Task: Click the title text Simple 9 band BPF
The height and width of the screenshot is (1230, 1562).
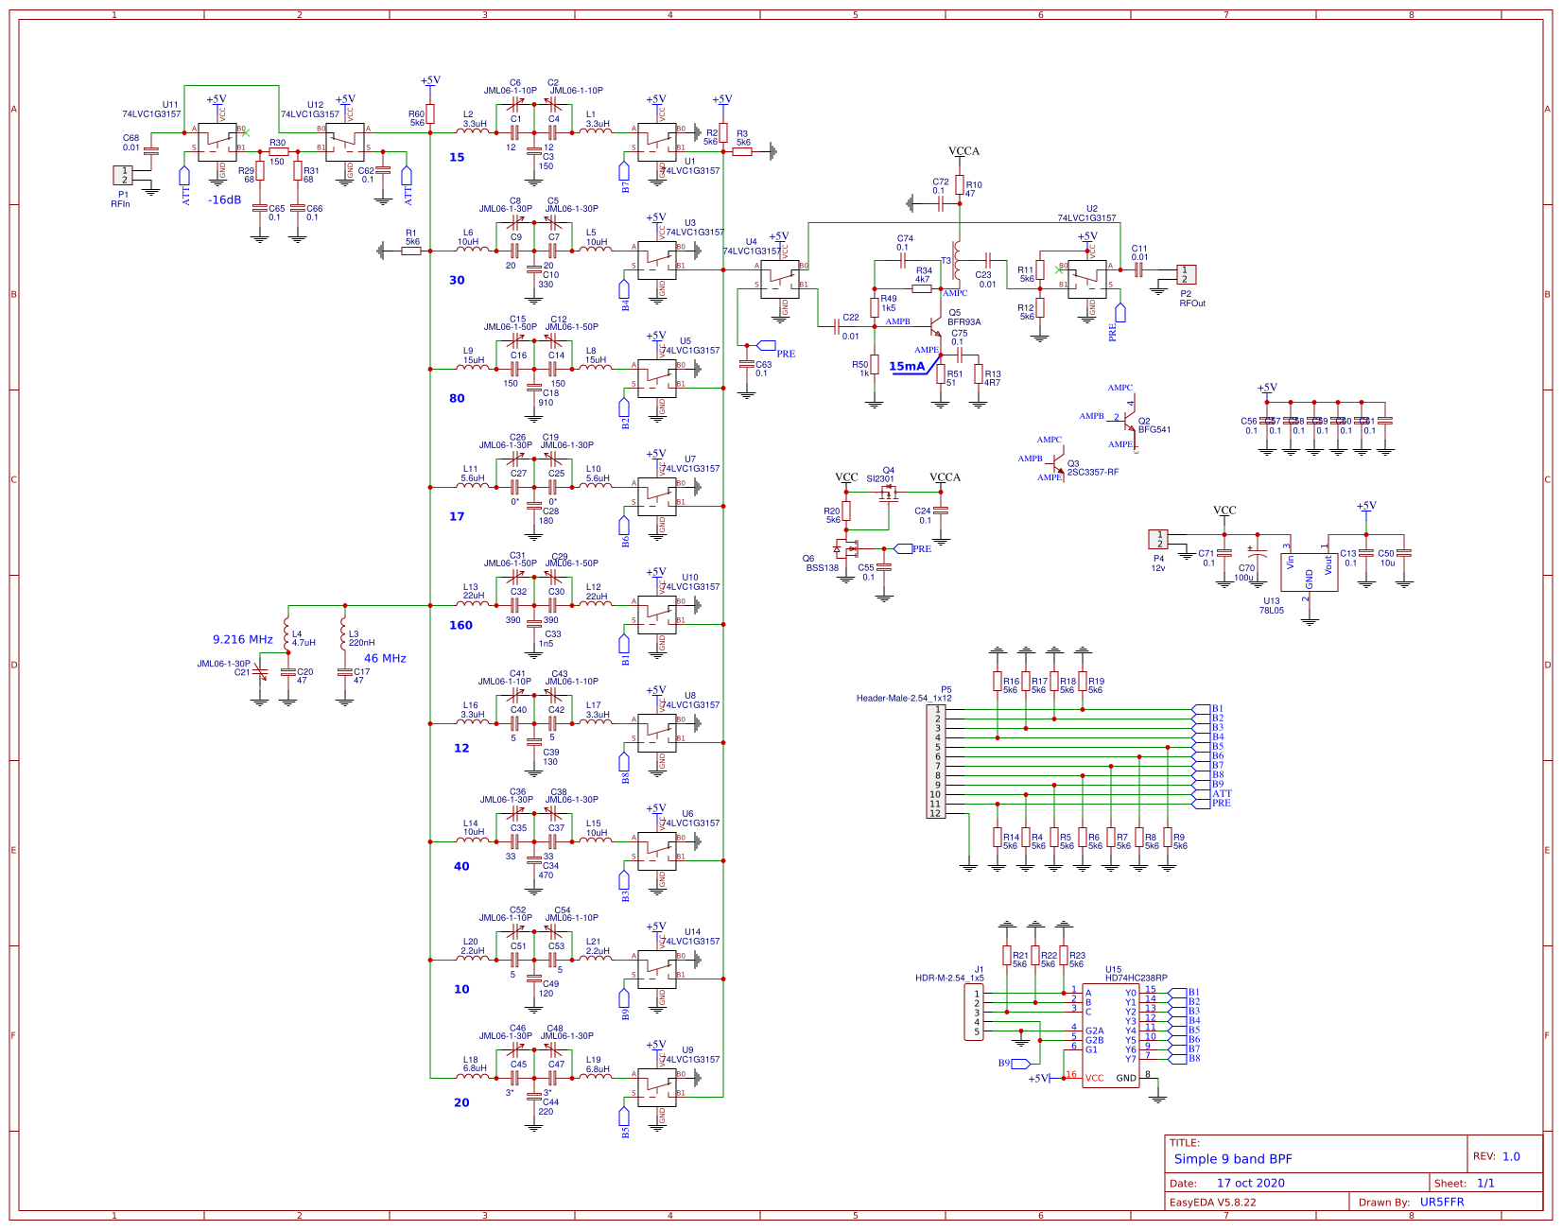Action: click(1232, 1159)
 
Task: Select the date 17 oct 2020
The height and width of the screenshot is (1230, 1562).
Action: click(1250, 1183)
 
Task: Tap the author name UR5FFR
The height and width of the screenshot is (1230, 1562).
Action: click(1441, 1203)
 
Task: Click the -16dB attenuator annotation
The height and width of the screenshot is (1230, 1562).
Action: click(225, 199)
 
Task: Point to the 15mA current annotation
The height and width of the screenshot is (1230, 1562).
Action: click(906, 367)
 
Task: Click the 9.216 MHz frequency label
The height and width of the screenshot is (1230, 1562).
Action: click(242, 640)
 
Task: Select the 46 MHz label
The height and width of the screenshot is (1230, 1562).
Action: click(385, 659)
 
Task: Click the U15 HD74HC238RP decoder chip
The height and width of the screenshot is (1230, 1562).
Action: click(1110, 1035)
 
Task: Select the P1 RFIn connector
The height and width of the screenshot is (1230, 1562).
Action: click(123, 175)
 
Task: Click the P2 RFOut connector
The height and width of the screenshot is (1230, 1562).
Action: click(1185, 274)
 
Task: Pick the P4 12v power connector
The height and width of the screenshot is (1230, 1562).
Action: click(1158, 539)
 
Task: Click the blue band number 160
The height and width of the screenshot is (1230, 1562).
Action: click(460, 626)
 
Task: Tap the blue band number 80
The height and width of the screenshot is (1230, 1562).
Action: click(457, 399)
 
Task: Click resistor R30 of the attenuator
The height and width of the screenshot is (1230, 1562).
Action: click(278, 151)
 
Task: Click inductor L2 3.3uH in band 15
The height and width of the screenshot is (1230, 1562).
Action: click(474, 132)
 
